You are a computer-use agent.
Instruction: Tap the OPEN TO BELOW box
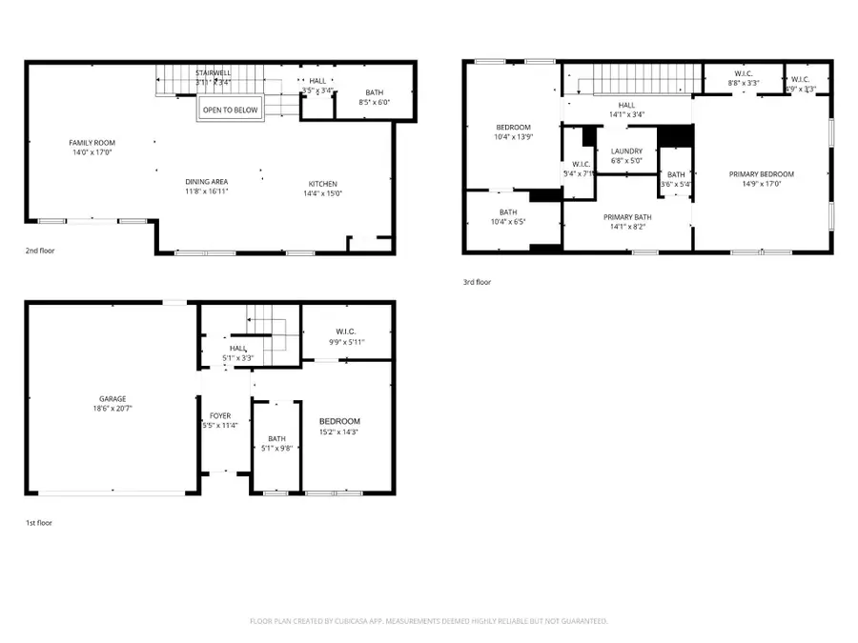[229, 111]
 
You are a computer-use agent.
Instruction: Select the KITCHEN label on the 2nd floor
[322, 184]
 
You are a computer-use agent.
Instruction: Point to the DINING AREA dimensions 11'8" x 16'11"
[207, 191]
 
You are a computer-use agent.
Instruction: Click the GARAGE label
[112, 399]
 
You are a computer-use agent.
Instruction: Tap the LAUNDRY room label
[626, 151]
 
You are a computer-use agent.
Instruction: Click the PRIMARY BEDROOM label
[761, 174]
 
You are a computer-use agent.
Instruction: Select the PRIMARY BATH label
[626, 217]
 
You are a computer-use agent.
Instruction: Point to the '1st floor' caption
[40, 523]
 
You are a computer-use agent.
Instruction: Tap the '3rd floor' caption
[477, 282]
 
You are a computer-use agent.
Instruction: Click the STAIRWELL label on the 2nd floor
[213, 72]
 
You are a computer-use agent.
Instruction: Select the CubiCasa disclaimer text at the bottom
[428, 621]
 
